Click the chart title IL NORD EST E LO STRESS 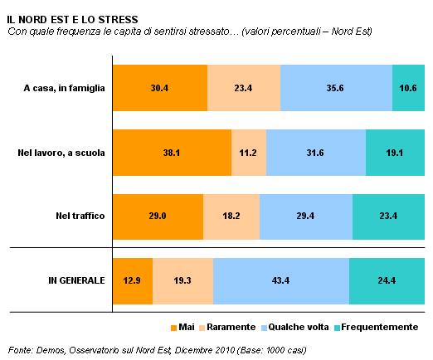click(72, 20)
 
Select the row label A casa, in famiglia click(64, 88)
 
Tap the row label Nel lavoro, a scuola click(61, 153)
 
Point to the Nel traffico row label click(80, 216)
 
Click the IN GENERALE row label click(76, 280)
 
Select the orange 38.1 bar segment click(172, 153)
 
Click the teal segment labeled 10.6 click(408, 88)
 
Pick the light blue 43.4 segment click(281, 281)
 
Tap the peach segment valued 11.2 click(249, 153)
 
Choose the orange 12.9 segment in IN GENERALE click(133, 281)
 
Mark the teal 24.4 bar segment click(387, 281)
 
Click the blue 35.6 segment click(336, 88)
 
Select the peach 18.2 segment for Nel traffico click(231, 216)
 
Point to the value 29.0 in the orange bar click(158, 216)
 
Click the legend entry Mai click(182, 328)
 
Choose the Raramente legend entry click(227, 328)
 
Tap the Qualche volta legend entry click(295, 328)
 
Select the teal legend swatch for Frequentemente click(337, 328)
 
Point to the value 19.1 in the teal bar click(395, 153)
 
